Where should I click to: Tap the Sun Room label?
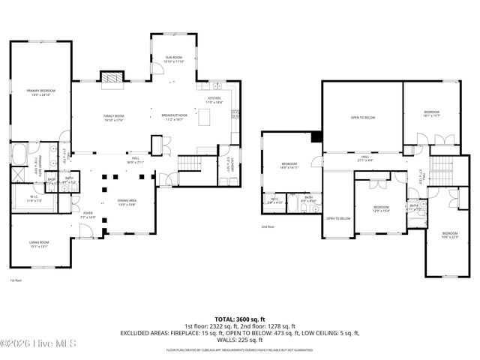174,59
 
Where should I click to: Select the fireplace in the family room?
112,77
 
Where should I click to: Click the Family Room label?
113,116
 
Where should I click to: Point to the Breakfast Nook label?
174,116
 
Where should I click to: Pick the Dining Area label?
127,202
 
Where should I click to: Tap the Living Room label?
39,243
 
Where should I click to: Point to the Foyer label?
88,214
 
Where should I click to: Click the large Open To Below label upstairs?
362,118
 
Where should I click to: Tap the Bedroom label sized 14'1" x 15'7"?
431,113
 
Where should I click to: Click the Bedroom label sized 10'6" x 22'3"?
449,235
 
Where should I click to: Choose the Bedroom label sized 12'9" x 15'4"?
381,208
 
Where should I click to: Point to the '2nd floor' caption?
268,226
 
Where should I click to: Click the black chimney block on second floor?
316,136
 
